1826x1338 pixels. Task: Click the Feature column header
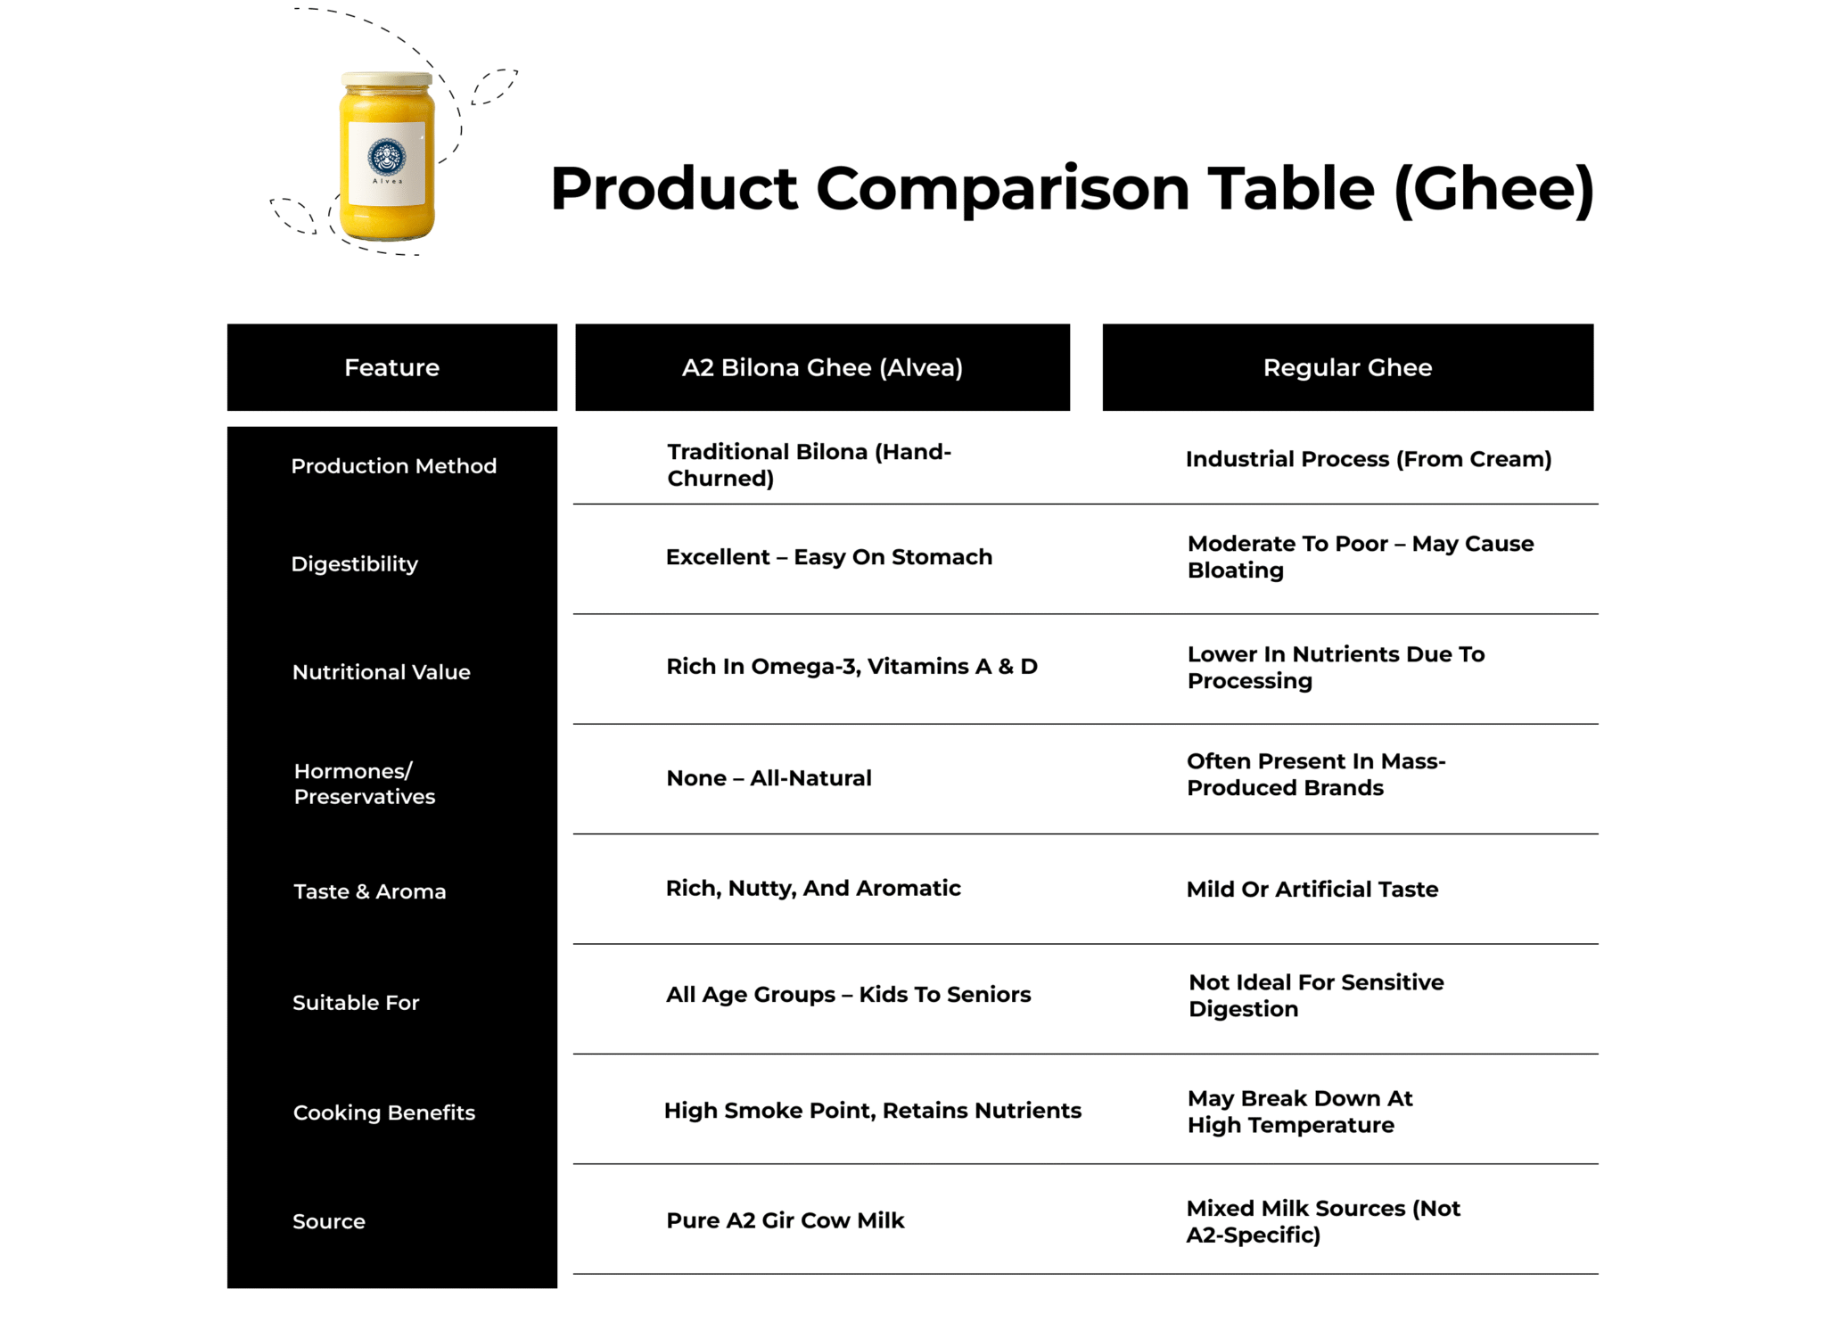(392, 367)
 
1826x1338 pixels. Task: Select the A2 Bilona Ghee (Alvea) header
(822, 367)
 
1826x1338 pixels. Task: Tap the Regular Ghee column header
(1347, 367)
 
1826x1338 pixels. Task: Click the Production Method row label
(393, 466)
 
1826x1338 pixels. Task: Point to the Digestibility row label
(354, 564)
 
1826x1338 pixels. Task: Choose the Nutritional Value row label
(381, 672)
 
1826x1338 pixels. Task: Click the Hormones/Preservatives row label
(365, 784)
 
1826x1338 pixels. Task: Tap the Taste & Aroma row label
(369, 891)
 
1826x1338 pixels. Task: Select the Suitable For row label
(356, 1003)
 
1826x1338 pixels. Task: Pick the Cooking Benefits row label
(384, 1112)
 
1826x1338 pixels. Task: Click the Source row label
(329, 1221)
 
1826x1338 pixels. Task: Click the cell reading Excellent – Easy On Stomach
(829, 557)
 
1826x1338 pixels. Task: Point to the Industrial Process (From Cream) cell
(1369, 459)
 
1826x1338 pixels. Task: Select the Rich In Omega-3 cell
(851, 667)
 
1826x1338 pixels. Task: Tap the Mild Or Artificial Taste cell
(1312, 889)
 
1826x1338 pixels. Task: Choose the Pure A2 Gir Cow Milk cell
(786, 1220)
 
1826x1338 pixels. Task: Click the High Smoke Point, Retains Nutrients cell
(873, 1111)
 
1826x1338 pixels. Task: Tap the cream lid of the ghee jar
(387, 80)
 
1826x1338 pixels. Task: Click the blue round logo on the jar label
(387, 157)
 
